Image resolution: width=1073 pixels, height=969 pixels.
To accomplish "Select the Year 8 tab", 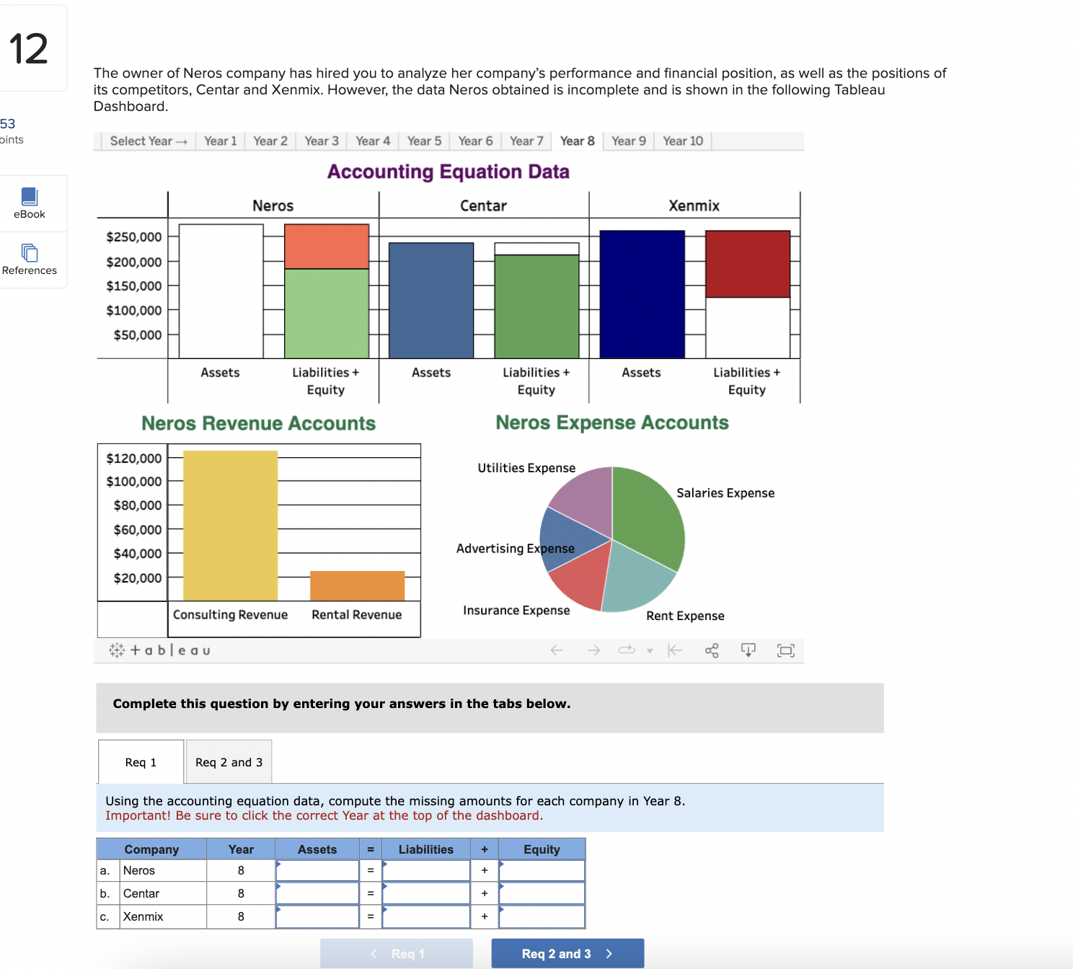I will [577, 141].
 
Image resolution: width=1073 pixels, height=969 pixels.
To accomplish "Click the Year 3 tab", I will [321, 141].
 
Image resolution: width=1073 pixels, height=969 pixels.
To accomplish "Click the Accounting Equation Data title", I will [448, 172].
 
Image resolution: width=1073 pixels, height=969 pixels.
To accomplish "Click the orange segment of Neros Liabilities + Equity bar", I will [327, 247].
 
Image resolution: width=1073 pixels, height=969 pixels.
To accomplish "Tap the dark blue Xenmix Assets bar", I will [642, 294].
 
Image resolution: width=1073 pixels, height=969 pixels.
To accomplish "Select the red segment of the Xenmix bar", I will [747, 264].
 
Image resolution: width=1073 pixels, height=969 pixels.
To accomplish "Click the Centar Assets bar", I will [431, 300].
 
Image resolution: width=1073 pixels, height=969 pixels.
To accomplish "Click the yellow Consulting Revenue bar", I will [230, 526].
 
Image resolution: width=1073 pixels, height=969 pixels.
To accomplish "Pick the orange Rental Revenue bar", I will [357, 585].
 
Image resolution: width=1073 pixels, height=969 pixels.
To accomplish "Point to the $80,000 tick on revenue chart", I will [137, 505].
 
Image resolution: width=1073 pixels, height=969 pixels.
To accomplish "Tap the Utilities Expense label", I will [526, 468].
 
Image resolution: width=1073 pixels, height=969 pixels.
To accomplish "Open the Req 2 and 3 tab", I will [229, 762].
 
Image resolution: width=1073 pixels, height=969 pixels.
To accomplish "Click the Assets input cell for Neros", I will [317, 870].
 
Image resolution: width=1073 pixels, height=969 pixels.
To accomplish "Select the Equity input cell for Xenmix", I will [542, 916].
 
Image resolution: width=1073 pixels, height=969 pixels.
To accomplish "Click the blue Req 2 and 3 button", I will [567, 953].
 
